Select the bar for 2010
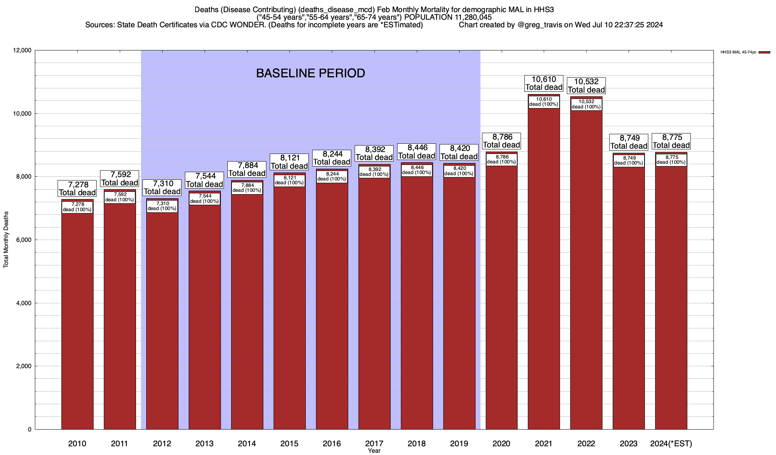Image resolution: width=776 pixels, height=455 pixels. coord(77,322)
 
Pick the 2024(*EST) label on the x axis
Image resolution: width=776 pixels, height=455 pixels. coord(671,443)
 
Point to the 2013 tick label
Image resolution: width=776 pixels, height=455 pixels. coord(205,443)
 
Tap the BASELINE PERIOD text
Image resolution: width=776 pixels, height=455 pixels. coord(310,73)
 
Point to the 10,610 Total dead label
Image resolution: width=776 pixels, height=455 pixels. coord(544,83)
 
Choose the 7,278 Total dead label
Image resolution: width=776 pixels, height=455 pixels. coord(77,188)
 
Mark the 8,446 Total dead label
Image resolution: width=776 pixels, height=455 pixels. coord(416,152)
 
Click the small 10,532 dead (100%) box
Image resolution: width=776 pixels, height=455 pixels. coord(586,104)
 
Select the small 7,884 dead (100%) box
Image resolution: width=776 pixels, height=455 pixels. coord(247,188)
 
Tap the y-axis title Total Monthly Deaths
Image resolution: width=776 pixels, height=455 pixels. coord(6,240)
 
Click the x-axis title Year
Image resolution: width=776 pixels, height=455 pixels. coord(374,451)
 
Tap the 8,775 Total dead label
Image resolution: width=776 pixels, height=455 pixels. coord(671,141)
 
